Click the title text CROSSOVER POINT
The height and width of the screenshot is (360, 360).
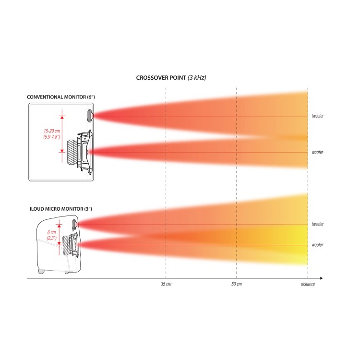point(161,78)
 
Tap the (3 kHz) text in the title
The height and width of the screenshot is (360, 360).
point(197,78)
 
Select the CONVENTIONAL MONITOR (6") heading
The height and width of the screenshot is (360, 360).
point(61,97)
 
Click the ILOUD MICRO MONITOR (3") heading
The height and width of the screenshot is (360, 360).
point(61,209)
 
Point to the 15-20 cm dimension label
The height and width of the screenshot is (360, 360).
point(52,131)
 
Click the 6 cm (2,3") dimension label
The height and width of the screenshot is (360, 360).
point(52,235)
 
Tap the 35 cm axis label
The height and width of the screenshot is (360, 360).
point(166,284)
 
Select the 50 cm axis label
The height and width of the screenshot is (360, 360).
point(237,284)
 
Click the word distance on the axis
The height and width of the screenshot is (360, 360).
point(308,284)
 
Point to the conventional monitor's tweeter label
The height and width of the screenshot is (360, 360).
point(318,116)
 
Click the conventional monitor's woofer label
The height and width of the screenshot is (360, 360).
point(317,152)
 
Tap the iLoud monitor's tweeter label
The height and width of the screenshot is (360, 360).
point(318,224)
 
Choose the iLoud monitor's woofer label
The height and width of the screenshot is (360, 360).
point(317,245)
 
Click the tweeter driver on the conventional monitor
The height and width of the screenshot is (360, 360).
point(90,116)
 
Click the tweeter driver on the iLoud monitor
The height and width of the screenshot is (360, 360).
point(74,225)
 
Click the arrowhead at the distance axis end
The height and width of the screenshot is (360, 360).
point(321,278)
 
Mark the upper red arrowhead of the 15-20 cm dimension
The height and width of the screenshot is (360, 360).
point(62,117)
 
